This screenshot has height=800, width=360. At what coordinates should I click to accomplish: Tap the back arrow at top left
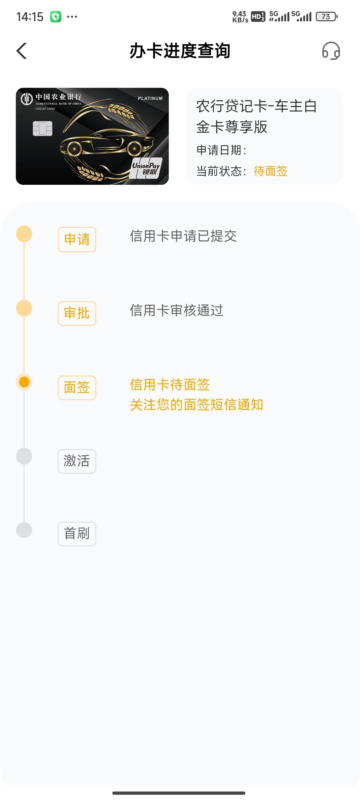[x=22, y=51]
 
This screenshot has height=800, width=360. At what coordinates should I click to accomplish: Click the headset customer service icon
[x=331, y=51]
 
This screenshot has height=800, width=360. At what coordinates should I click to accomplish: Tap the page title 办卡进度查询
[x=180, y=51]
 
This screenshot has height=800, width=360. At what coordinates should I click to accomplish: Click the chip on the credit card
[x=43, y=129]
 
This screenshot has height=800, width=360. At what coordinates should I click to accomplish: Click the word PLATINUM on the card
[x=150, y=98]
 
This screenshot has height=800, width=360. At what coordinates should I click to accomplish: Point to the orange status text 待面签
[x=271, y=171]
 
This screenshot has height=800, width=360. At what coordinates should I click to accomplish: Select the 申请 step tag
[x=77, y=239]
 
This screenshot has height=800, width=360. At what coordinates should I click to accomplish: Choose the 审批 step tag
[x=77, y=313]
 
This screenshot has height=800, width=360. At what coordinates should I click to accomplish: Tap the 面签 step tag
[x=77, y=388]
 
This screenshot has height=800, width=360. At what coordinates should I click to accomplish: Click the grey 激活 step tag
[x=77, y=461]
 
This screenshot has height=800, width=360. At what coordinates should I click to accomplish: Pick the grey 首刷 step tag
[x=77, y=534]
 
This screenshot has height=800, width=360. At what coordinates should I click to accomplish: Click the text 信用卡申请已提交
[x=183, y=236]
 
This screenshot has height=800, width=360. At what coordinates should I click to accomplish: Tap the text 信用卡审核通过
[x=177, y=310]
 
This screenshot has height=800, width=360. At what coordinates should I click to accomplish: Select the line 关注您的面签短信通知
[x=197, y=405]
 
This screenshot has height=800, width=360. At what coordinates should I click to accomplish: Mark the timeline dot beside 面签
[x=24, y=382]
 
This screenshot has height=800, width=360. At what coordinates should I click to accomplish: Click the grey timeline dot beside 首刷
[x=24, y=530]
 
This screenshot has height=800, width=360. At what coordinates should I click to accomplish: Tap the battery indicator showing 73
[x=327, y=16]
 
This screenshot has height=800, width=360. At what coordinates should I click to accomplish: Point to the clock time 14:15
[x=30, y=17]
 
